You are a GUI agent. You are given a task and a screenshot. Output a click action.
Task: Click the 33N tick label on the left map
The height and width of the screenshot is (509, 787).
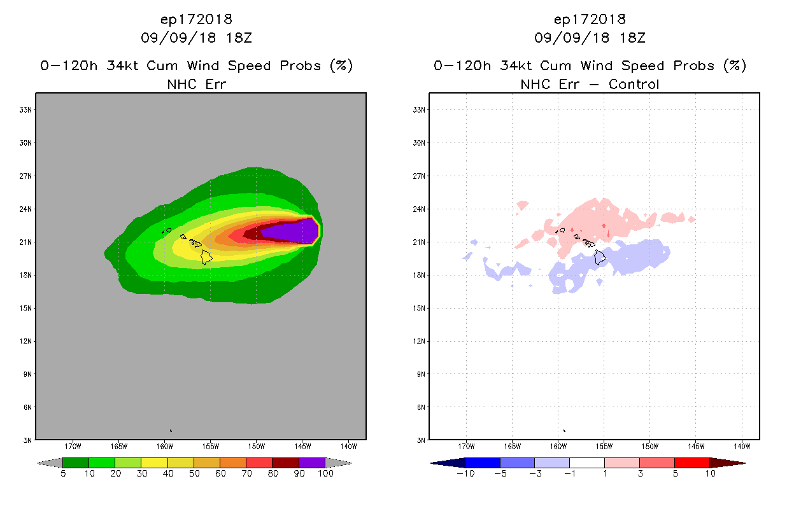[x=26, y=109]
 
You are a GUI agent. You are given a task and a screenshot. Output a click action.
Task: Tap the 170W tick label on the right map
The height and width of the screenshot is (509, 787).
[x=466, y=446]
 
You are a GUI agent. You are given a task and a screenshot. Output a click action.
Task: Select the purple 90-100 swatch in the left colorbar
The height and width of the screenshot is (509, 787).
[x=312, y=463]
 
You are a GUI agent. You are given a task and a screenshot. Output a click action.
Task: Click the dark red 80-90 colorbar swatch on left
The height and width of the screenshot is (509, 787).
[x=285, y=463]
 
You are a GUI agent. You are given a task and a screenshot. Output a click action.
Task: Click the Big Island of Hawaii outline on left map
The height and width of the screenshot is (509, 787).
[x=206, y=256]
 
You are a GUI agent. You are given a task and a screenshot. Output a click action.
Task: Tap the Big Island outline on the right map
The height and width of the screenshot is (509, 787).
[x=599, y=257]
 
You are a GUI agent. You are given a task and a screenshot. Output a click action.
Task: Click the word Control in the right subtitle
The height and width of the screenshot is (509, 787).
[x=634, y=84]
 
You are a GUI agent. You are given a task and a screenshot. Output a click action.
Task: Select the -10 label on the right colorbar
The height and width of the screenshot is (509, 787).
[x=465, y=473]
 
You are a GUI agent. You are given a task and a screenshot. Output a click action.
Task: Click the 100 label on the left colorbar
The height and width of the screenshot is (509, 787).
[x=325, y=473]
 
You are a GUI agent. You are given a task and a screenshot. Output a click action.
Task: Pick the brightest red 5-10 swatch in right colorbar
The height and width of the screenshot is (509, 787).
[x=691, y=463]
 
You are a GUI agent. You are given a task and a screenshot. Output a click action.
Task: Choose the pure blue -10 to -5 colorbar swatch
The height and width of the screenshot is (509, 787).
[x=483, y=463]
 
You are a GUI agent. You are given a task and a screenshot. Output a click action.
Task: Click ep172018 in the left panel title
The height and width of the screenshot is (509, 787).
[x=196, y=19]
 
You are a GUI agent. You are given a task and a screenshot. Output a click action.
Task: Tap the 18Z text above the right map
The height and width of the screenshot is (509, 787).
[x=632, y=38]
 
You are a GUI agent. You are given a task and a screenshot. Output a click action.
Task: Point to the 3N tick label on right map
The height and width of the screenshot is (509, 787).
[x=422, y=440]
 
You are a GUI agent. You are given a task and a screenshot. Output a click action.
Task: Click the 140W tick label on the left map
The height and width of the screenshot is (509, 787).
[x=348, y=446]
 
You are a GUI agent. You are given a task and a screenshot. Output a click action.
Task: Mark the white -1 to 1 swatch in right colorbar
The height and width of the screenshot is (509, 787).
[x=587, y=463]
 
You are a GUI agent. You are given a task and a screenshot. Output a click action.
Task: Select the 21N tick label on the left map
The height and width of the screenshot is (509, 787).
[x=26, y=242]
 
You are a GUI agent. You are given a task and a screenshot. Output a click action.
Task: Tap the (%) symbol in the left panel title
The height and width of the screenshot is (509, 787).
[x=341, y=66]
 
